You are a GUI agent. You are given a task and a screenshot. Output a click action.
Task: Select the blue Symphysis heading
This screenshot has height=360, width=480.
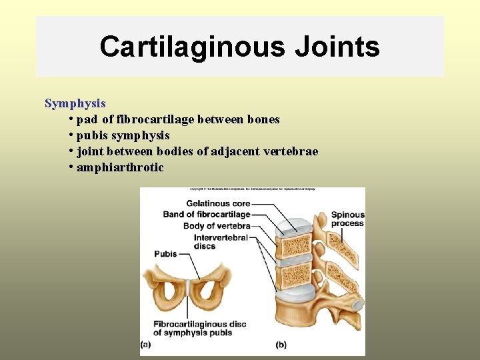[75, 103]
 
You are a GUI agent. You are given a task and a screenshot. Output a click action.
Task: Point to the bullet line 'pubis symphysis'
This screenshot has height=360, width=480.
[123, 135]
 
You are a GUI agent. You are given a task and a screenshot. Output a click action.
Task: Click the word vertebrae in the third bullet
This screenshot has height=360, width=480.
[293, 151]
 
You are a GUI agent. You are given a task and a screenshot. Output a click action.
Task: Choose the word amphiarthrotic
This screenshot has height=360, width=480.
[120, 167]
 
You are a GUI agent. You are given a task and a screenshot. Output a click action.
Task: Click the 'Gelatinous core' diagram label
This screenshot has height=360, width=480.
[218, 203]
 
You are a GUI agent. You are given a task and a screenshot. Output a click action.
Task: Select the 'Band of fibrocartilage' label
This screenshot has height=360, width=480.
[207, 214]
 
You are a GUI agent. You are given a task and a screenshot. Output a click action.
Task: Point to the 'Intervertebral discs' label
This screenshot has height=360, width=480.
[221, 241]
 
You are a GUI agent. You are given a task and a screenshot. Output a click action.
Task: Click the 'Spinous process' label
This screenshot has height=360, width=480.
[348, 219]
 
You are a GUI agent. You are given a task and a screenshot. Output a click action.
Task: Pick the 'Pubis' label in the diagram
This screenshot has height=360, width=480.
[165, 254]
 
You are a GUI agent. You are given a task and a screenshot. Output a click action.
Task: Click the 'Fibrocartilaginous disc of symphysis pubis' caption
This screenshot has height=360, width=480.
[199, 329]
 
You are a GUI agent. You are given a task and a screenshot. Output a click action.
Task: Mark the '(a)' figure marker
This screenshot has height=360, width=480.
[146, 345]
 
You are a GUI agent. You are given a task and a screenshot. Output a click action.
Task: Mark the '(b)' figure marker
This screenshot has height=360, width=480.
[281, 345]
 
